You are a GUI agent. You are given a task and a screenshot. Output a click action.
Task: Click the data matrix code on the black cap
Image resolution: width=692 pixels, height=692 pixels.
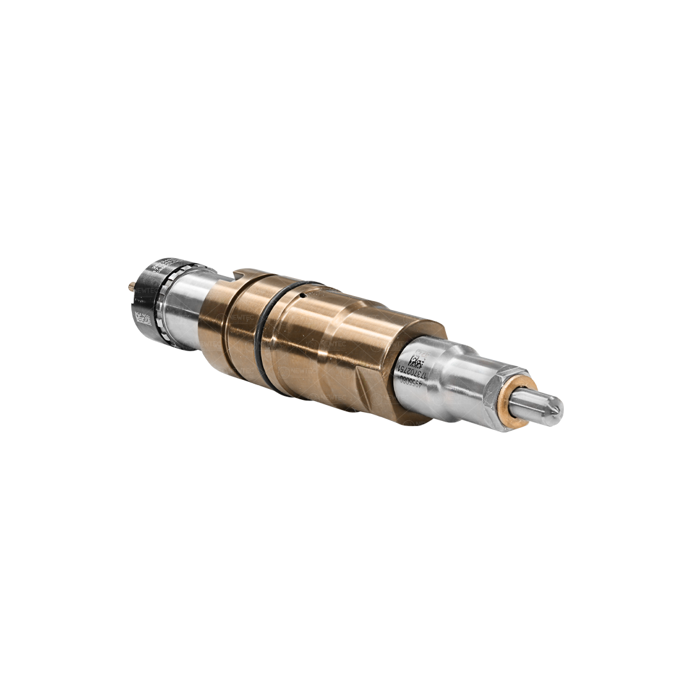143,318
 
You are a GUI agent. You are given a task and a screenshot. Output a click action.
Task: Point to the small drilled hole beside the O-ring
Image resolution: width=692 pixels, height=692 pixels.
301,295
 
